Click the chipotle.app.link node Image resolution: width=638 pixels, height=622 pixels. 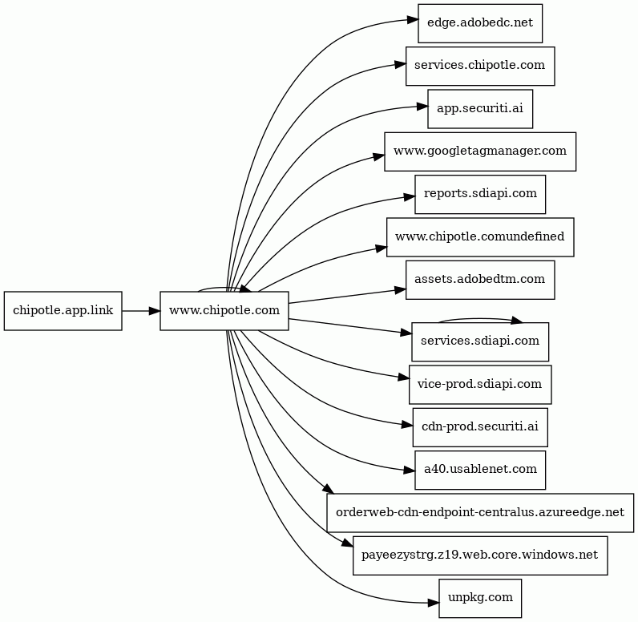pyautogui.click(x=63, y=311)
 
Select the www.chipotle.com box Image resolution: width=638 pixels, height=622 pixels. pyautogui.click(x=224, y=311)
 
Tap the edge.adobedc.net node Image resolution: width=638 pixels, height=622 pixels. pyautogui.click(x=480, y=23)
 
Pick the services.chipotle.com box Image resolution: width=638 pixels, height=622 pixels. pyautogui.click(x=480, y=66)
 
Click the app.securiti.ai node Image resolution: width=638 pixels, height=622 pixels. pyautogui.click(x=480, y=109)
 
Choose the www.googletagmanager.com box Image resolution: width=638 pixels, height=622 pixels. pyautogui.click(x=480, y=151)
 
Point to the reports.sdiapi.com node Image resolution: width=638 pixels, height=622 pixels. pyautogui.click(x=480, y=194)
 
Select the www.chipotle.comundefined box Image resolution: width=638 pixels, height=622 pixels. pyautogui.click(x=480, y=236)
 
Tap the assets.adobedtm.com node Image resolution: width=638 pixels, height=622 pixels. pyautogui.click(x=480, y=280)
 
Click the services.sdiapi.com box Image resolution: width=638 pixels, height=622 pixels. pyautogui.click(x=480, y=341)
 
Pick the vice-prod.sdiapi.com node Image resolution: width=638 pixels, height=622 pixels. pyautogui.click(x=480, y=385)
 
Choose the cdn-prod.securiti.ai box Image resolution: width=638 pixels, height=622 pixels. pyautogui.click(x=480, y=427)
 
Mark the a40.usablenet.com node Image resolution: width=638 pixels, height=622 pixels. pyautogui.click(x=480, y=470)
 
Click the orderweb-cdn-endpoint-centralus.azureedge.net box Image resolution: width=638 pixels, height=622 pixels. pyautogui.click(x=480, y=512)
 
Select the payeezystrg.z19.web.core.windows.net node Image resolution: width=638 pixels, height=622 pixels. pyautogui.click(x=480, y=555)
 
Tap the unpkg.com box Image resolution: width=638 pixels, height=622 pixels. pyautogui.click(x=480, y=598)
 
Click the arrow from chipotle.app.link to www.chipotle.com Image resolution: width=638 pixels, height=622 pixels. pyautogui.click(x=141, y=311)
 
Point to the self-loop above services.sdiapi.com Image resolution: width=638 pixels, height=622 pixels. pyautogui.click(x=480, y=319)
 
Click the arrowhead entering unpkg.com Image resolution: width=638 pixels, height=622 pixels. pyautogui.click(x=434, y=603)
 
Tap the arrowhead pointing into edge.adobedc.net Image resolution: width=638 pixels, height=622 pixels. pyautogui.click(x=413, y=19)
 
